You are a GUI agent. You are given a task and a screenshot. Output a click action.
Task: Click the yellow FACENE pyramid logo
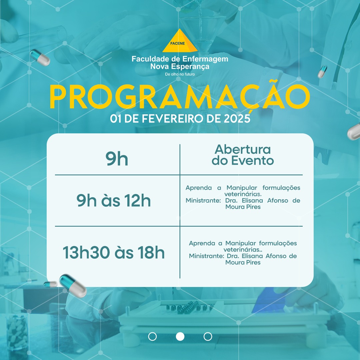pyautogui.click(x=180, y=41)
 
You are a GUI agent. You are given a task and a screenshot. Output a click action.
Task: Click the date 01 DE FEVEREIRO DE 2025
pyautogui.click(x=180, y=119)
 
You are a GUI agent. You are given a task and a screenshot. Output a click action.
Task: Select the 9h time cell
pyautogui.click(x=117, y=159)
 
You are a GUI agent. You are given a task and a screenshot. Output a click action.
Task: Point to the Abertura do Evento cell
pyautogui.click(x=243, y=155)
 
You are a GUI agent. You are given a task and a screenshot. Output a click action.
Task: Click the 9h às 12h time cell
pyautogui.click(x=114, y=200)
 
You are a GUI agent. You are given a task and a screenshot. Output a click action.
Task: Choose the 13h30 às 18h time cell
pyautogui.click(x=114, y=253)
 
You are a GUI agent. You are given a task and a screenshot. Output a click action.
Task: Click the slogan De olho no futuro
pyautogui.click(x=180, y=74)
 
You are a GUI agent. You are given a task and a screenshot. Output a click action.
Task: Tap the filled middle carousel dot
pyautogui.click(x=180, y=337)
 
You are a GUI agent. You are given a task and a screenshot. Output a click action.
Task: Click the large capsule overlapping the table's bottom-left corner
pyautogui.click(x=73, y=286)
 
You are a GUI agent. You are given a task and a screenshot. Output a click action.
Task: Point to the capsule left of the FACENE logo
pyautogui.click(x=40, y=57)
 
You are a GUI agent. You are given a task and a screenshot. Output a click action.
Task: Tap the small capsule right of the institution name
pyautogui.click(x=322, y=72)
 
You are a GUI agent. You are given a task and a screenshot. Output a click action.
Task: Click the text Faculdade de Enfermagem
pyautogui.click(x=180, y=59)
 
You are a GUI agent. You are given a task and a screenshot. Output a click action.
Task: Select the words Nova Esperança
pyautogui.click(x=180, y=67)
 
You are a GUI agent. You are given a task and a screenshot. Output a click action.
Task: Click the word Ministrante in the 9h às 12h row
pyautogui.click(x=203, y=200)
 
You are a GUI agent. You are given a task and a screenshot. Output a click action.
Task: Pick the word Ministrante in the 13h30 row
pyautogui.click(x=206, y=256)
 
